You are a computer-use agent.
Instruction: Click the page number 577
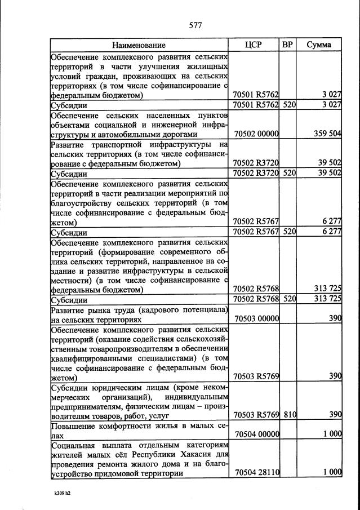pos(195,25)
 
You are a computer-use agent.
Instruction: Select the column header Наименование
pos(139,45)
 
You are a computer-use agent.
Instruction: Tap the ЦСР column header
pos(255,45)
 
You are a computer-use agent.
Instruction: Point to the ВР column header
pos(287,45)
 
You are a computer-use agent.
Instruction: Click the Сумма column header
pos(319,45)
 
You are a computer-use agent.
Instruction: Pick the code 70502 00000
pos(256,135)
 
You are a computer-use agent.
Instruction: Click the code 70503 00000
pos(256,319)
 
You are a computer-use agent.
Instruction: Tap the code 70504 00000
pos(256,434)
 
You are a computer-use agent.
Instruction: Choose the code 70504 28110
pos(256,473)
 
